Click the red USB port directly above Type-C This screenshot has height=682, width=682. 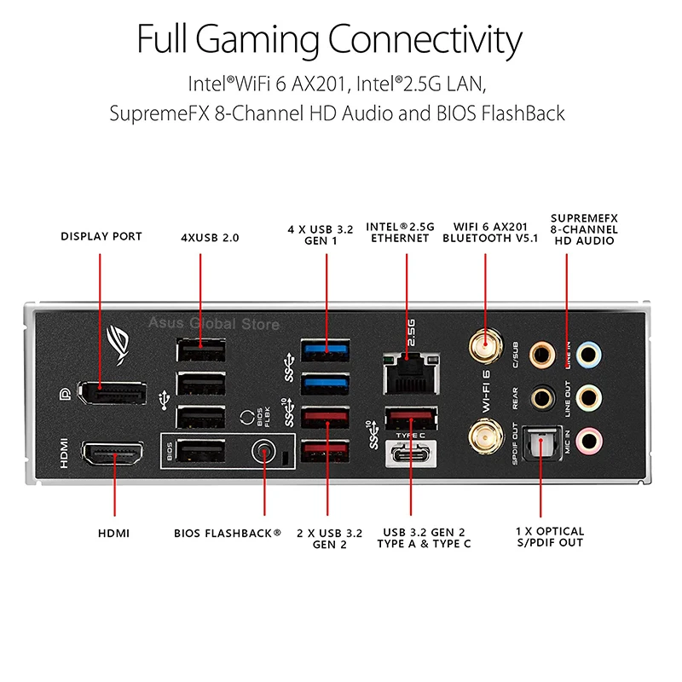(x=410, y=419)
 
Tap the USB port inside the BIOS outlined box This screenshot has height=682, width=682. (x=201, y=452)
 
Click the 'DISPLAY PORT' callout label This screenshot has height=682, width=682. (x=101, y=236)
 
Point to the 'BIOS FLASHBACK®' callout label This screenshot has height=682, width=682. (x=228, y=533)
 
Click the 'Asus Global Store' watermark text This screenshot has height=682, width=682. (x=214, y=323)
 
